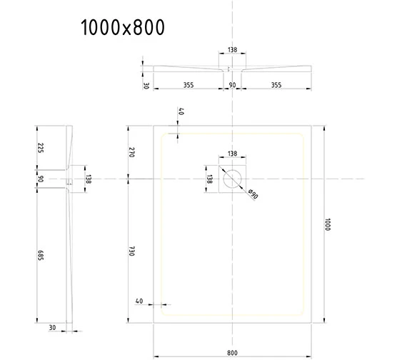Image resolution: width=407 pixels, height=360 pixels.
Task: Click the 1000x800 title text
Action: [x=123, y=28]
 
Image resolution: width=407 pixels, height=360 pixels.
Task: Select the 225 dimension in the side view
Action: [x=41, y=148]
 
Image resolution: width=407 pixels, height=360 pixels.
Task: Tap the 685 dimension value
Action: [x=41, y=254]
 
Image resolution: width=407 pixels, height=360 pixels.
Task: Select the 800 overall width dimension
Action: [x=233, y=350]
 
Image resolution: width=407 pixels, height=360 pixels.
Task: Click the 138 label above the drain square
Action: [x=232, y=154]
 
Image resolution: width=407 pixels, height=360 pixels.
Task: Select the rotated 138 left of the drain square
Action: [x=209, y=179]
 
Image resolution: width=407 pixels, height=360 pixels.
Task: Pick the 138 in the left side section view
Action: [x=88, y=179]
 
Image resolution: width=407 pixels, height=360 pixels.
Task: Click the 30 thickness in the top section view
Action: [x=146, y=85]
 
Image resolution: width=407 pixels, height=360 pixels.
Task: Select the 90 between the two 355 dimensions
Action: [x=232, y=85]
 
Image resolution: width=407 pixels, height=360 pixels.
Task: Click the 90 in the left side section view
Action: [x=41, y=179]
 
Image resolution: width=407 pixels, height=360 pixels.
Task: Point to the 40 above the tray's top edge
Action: [x=181, y=112]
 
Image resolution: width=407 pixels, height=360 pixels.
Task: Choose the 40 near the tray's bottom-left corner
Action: [x=139, y=301]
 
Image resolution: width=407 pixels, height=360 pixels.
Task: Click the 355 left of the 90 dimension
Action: [x=188, y=85]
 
